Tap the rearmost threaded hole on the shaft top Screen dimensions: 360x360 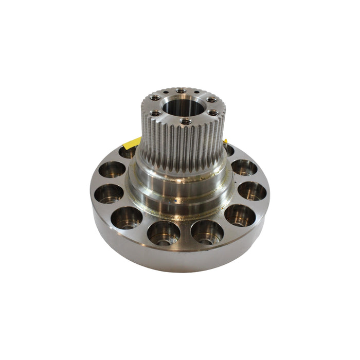181,91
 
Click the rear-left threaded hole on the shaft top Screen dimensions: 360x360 156,98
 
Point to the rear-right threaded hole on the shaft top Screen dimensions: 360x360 211,100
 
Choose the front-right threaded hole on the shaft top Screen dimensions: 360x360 212,113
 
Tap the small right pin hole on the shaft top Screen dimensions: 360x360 197,93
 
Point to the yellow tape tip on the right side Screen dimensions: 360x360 225,140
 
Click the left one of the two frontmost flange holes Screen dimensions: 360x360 164,232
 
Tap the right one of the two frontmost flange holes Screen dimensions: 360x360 207,232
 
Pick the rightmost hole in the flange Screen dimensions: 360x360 252,191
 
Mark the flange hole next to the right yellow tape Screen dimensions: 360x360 228,150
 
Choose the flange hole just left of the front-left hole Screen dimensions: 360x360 126,217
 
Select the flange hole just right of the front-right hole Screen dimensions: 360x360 240,215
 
